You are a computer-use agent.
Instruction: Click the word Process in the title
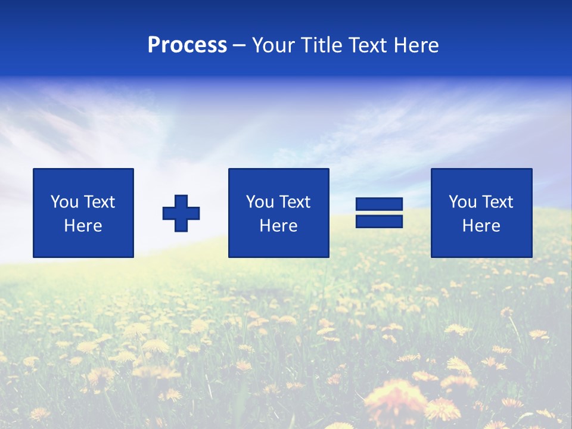187,45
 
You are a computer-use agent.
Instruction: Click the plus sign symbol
181,213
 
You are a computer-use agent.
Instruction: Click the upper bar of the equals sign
379,204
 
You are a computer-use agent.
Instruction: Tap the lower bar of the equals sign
379,222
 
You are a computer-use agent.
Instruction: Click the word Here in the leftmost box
83,226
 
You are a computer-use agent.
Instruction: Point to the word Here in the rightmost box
481,226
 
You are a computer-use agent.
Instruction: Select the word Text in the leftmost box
100,202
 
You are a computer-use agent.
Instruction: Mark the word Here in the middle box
278,226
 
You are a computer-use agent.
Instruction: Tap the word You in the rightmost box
462,202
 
